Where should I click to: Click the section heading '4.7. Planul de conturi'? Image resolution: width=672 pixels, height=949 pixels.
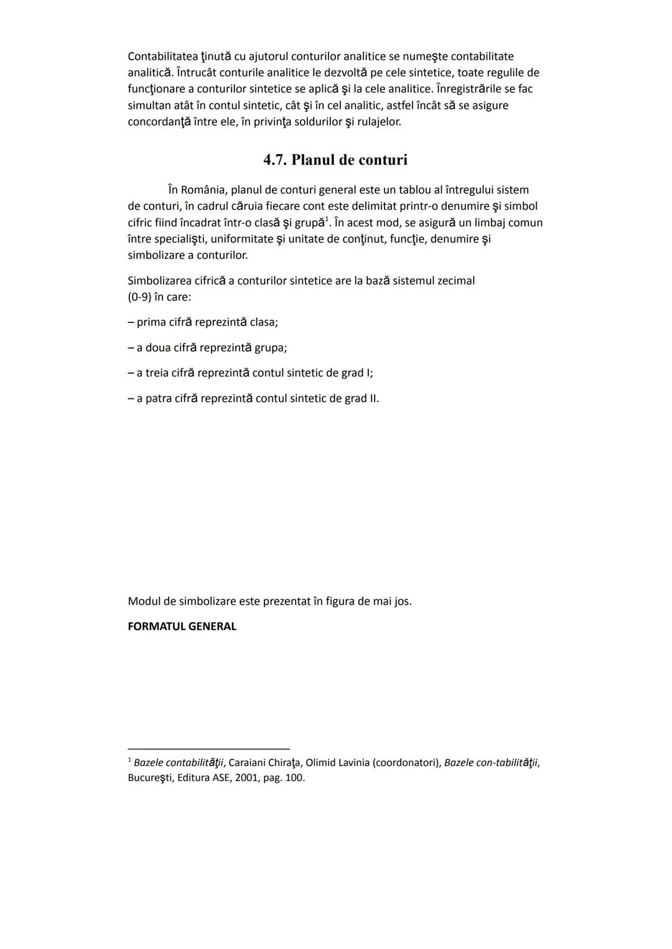(335, 160)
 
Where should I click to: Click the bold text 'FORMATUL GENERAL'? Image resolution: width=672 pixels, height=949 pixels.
(182, 627)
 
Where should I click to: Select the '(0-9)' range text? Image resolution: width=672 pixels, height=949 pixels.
(139, 297)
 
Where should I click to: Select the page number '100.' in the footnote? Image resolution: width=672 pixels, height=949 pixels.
(295, 778)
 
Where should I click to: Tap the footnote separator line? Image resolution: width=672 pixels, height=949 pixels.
(208, 749)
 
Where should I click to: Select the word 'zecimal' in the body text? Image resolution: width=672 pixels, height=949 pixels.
(456, 281)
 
